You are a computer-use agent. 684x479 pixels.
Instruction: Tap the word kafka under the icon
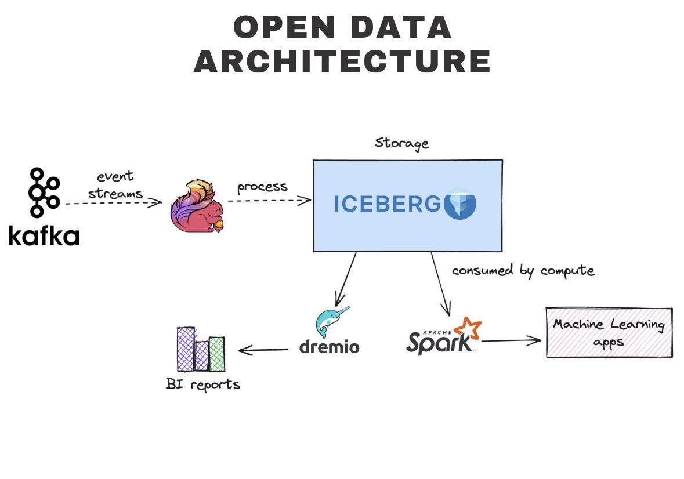[44, 235]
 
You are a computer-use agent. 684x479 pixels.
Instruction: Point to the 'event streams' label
[115, 184]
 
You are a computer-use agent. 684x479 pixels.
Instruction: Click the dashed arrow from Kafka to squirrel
[113, 203]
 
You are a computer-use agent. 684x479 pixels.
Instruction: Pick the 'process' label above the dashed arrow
[262, 187]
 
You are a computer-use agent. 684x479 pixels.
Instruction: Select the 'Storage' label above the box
[401, 143]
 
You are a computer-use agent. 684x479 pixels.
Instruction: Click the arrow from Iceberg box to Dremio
[346, 276]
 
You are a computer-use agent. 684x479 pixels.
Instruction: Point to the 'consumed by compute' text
[523, 271]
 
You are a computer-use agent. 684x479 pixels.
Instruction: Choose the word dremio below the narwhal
[329, 347]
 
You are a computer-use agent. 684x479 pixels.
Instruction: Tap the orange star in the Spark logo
[469, 328]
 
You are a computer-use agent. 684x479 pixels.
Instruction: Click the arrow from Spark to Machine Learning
[511, 341]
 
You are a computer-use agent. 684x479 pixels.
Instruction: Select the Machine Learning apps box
[609, 332]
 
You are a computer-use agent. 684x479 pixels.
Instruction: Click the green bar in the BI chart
[216, 354]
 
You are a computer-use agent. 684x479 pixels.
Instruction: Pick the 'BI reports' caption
[202, 384]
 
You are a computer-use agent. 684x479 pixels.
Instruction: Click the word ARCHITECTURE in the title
[342, 61]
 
